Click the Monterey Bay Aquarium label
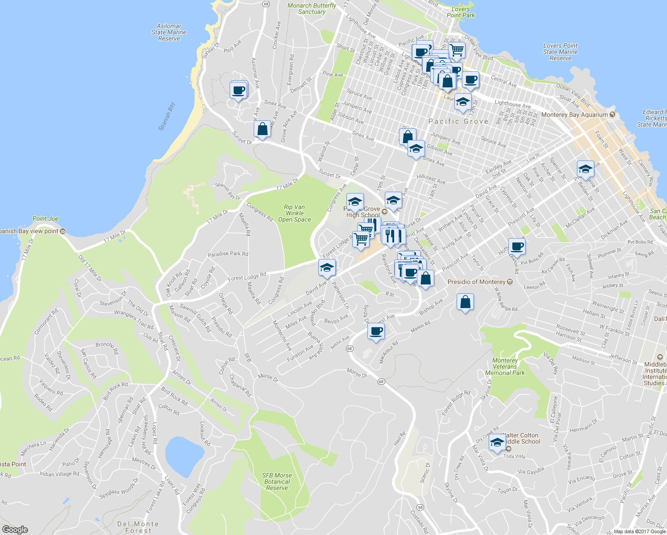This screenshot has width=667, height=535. coord(574,115)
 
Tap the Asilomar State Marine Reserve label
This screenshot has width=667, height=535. coord(169,33)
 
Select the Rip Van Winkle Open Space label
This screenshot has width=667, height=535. coord(294,213)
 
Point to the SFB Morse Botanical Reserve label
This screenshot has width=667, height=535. coord(277,481)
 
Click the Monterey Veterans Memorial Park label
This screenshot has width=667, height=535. coord(505,366)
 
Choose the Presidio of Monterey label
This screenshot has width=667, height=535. coord(477,282)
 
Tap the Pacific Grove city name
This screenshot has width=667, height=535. coord(458,121)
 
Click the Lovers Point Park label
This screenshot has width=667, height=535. coord(461,12)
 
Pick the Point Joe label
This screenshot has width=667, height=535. coord(45,219)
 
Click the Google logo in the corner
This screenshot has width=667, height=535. coord(15,530)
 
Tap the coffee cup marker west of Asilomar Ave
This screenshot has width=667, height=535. coord(239,91)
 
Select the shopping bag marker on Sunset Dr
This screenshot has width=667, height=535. coord(263,129)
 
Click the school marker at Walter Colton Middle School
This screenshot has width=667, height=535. coord(497,443)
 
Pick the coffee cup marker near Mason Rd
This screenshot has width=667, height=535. coord(376,331)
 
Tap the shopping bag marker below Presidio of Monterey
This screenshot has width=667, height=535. coord(465,302)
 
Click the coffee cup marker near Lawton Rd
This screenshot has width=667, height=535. coord(517,246)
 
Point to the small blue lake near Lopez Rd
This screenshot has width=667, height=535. coord(185,456)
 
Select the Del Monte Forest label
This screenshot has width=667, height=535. coord(138,527)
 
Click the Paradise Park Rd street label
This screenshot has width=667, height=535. coord(228,254)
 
